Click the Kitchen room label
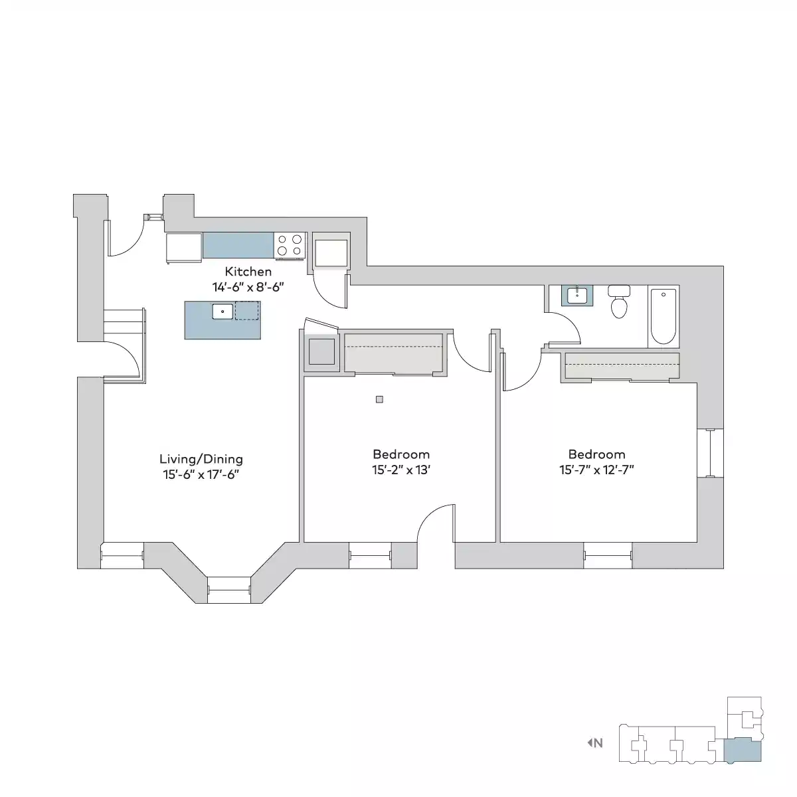click(248, 272)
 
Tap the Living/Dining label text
click(201, 459)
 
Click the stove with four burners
click(290, 245)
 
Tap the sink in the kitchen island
click(222, 311)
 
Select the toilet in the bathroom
click(619, 303)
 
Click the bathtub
click(663, 316)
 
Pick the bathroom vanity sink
click(577, 296)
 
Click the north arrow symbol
click(590, 743)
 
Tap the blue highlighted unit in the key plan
click(743, 750)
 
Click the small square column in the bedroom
click(379, 400)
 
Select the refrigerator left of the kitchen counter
click(183, 247)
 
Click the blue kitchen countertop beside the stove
click(238, 245)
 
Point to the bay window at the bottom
click(229, 589)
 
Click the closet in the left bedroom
click(393, 353)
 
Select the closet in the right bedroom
click(622, 366)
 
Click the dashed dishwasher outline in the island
click(246, 311)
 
